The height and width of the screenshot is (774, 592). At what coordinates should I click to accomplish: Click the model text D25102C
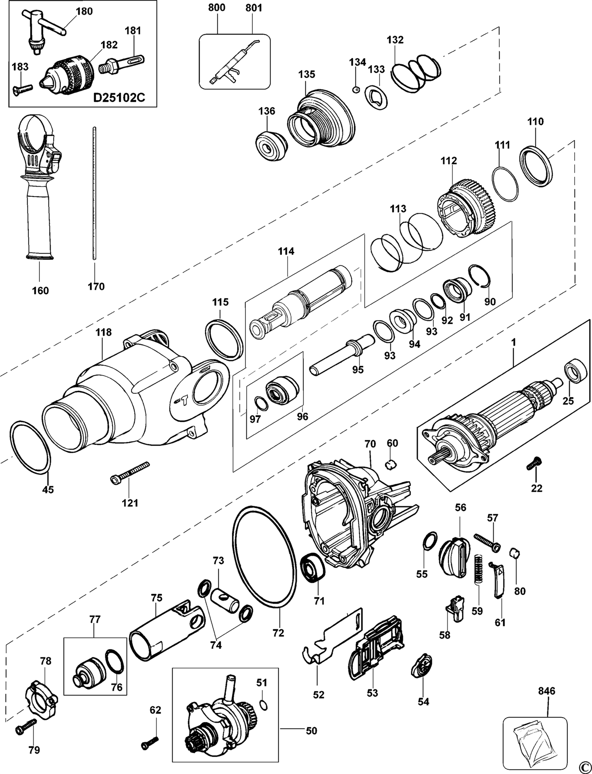(x=119, y=98)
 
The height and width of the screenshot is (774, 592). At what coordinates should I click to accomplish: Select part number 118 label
(x=103, y=333)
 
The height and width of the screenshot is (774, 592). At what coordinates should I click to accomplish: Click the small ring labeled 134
(x=356, y=90)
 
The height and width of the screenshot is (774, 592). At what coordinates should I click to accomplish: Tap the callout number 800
(x=217, y=8)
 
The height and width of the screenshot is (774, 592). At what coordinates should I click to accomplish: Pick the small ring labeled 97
(x=261, y=403)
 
